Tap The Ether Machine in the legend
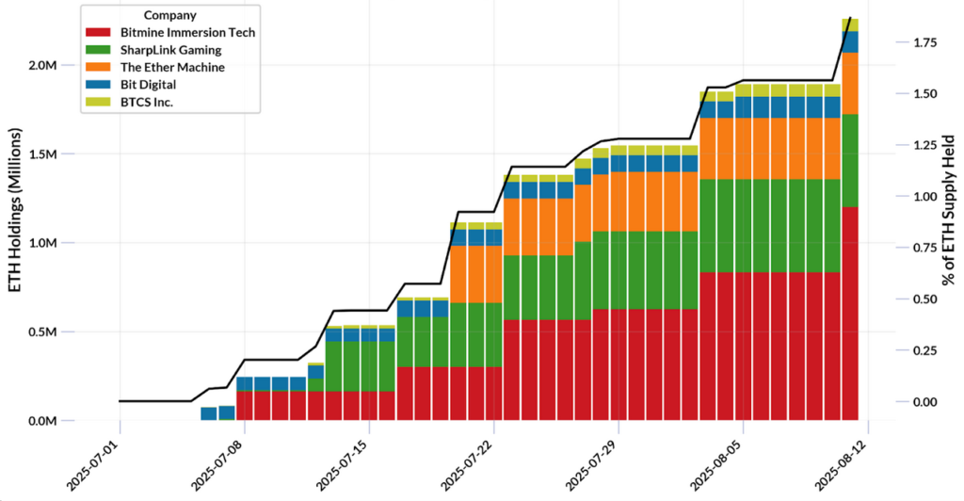164,68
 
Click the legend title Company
170,15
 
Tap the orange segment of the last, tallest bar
850,83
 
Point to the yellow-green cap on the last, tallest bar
850,24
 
